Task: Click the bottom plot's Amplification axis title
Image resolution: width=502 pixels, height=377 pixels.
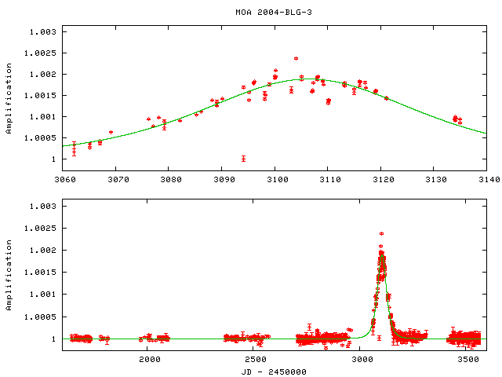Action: (9, 272)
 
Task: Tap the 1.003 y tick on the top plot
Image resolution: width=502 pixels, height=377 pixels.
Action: (42, 32)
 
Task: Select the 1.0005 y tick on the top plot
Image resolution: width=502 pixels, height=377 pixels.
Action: (40, 138)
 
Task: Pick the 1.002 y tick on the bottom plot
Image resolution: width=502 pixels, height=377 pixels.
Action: (42, 251)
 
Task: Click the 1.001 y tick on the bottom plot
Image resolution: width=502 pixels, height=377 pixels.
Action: (42, 295)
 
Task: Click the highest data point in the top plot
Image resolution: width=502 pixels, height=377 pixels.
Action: (296, 58)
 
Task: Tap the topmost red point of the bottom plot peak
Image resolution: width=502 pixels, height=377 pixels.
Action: (381, 233)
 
